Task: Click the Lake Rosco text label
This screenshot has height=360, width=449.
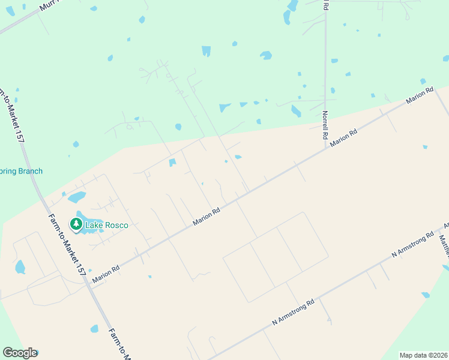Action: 106,225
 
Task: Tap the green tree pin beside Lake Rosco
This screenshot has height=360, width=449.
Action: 76,224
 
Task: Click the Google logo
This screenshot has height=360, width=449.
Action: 20,353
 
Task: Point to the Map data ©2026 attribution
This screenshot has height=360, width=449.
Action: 423,355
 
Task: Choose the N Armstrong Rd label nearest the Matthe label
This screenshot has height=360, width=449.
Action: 412,245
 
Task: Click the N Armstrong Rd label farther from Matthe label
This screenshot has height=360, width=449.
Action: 293,312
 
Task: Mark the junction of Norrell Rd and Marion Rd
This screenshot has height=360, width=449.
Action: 326,149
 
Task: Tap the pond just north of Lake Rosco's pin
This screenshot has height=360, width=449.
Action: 76,197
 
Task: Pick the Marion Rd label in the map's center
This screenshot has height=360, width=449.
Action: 206,217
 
